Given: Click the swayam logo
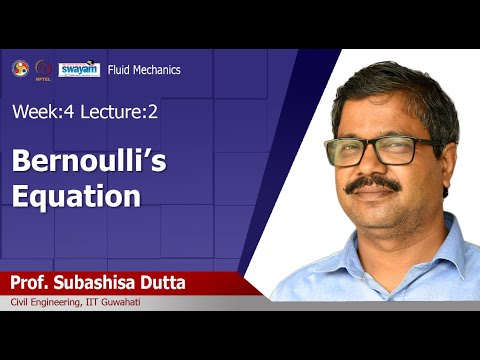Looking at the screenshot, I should click(x=78, y=69).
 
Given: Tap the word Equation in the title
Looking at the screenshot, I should click(x=75, y=195).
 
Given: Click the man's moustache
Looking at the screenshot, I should click(x=374, y=184).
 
